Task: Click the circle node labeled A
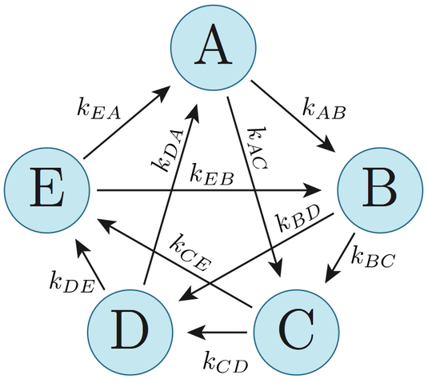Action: click(x=214, y=47)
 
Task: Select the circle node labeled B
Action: click(x=381, y=190)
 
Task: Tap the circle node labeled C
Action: click(x=297, y=333)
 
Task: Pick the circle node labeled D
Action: click(x=130, y=333)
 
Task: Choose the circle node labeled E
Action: click(x=46, y=190)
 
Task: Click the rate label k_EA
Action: click(x=99, y=108)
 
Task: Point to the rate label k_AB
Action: click(x=324, y=108)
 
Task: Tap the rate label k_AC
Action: click(x=257, y=148)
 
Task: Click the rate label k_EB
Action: click(x=212, y=174)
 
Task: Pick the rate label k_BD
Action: click(x=298, y=218)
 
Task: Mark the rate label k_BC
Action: click(x=373, y=257)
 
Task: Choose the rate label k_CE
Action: click(x=190, y=252)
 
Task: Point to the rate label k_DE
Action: click(x=72, y=281)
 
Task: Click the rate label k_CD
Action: click(x=226, y=361)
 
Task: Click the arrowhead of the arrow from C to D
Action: click(x=196, y=333)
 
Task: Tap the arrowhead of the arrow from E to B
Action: click(x=313, y=190)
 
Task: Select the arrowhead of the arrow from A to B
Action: click(x=327, y=144)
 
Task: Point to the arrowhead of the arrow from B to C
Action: click(x=331, y=274)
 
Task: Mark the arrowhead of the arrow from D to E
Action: click(x=82, y=247)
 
